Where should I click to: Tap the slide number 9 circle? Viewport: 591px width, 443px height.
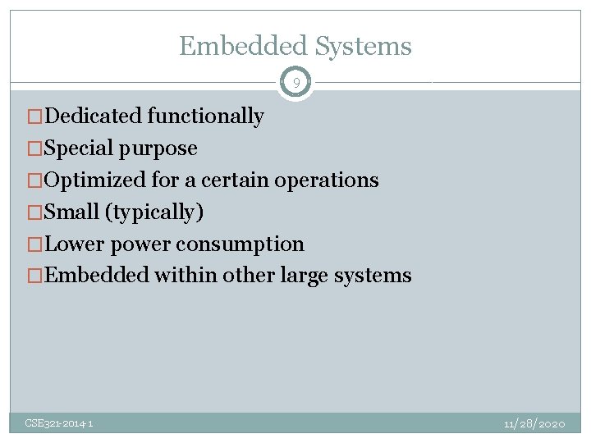pos(295,83)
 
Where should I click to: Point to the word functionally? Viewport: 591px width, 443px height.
pos(205,116)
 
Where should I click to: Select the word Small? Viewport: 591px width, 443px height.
pos(71,212)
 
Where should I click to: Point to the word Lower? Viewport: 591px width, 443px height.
pos(75,244)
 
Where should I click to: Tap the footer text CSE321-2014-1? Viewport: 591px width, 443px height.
pos(59,423)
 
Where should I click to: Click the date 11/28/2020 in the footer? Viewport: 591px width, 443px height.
pos(534,423)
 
